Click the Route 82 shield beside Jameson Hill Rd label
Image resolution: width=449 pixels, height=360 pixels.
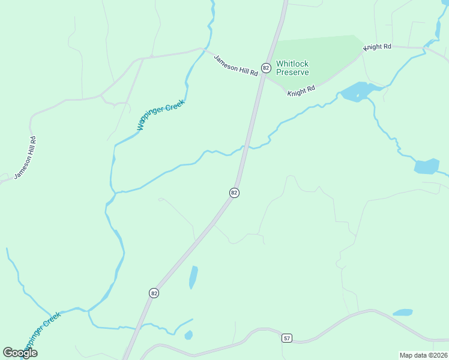point(265,67)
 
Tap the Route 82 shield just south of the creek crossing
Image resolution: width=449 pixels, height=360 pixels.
point(234,193)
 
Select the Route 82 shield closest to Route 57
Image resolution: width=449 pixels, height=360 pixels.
point(154,293)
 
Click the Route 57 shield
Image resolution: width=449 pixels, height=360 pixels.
point(287,338)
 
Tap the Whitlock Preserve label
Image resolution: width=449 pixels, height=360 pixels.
point(292,68)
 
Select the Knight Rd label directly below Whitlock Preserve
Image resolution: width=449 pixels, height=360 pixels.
point(301,91)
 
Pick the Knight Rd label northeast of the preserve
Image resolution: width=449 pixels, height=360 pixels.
point(377,46)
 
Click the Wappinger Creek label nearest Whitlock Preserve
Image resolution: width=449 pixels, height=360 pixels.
point(161,115)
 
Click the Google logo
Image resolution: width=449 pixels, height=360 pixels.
point(20,352)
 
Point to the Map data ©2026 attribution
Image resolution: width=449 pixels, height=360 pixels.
point(423,355)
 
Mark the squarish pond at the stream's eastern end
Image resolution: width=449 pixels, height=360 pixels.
point(427,166)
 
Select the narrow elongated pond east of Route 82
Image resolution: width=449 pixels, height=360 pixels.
point(193,277)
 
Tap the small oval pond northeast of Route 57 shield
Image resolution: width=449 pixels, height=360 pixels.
point(403,313)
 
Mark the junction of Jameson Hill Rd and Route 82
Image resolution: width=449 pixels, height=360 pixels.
point(264,76)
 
